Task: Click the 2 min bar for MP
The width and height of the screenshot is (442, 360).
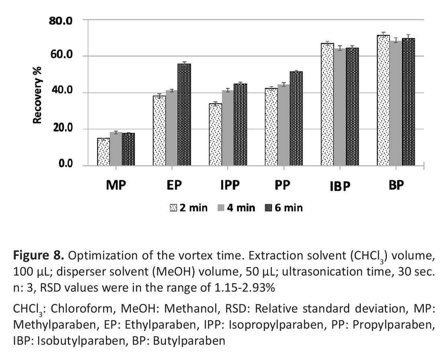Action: coord(104,152)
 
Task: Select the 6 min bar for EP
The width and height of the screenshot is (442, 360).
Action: coord(185,115)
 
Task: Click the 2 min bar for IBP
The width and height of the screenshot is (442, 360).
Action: coord(327,105)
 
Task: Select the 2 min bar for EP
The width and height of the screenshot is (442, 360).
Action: coord(160,131)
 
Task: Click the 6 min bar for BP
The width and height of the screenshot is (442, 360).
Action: coord(408,102)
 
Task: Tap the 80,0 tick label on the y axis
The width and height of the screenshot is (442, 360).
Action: coord(61,21)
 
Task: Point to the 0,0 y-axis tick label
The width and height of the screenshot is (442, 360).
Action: coord(64,164)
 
